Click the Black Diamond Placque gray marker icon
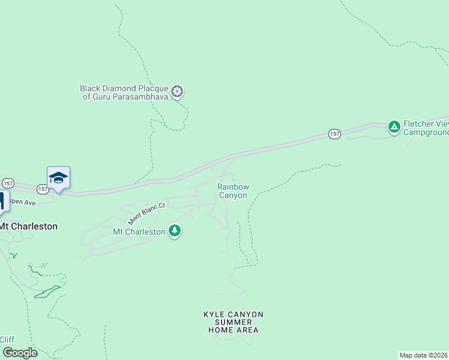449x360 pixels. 177,92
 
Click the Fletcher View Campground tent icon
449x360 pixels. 394,126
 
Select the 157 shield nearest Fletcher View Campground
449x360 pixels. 334,134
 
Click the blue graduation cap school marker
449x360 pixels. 58,178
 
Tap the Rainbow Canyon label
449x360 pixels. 233,191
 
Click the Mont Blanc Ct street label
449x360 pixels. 146,214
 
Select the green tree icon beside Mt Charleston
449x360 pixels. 175,231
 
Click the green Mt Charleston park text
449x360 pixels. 139,232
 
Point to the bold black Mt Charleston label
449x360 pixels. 29,226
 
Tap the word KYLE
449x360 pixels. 215,314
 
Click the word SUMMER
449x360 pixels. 234,322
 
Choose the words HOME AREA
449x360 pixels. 234,330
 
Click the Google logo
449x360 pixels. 19,353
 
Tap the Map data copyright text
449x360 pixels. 424,355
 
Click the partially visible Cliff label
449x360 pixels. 7,340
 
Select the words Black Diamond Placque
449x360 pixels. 124,88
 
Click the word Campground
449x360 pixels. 426,132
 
